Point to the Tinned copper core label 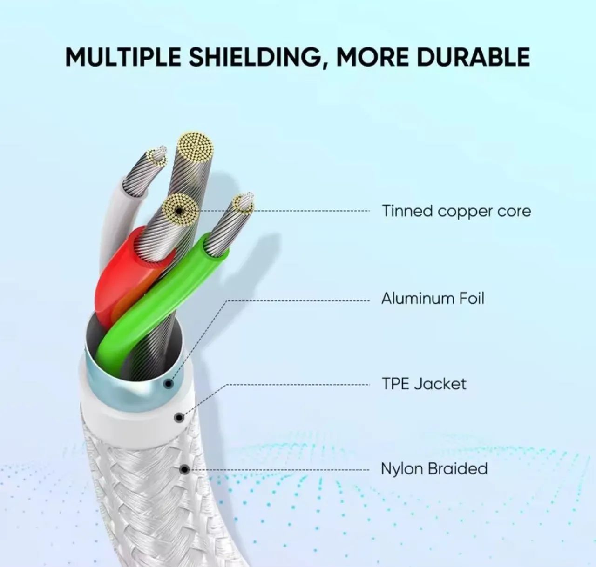point(456,211)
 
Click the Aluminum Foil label point(433,299)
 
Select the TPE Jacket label point(424,384)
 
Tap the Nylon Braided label point(434,469)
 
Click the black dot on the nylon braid point(184,469)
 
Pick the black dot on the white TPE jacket point(179,418)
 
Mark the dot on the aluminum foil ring point(168,384)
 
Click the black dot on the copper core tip point(180,211)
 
